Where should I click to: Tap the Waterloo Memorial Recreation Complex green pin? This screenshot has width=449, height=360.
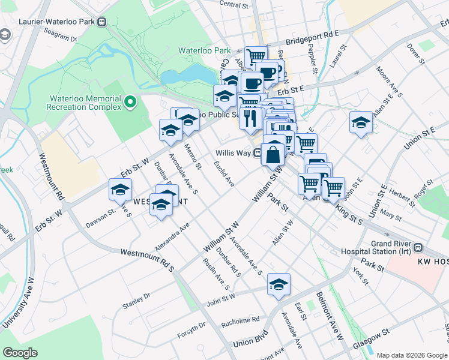(130, 102)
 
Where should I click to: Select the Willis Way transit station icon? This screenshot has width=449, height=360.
(257, 153)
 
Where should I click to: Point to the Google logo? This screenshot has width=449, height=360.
(20, 353)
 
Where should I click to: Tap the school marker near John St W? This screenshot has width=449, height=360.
(279, 284)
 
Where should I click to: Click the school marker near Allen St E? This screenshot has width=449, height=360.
(361, 123)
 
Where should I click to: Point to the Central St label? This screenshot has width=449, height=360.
(234, 5)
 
